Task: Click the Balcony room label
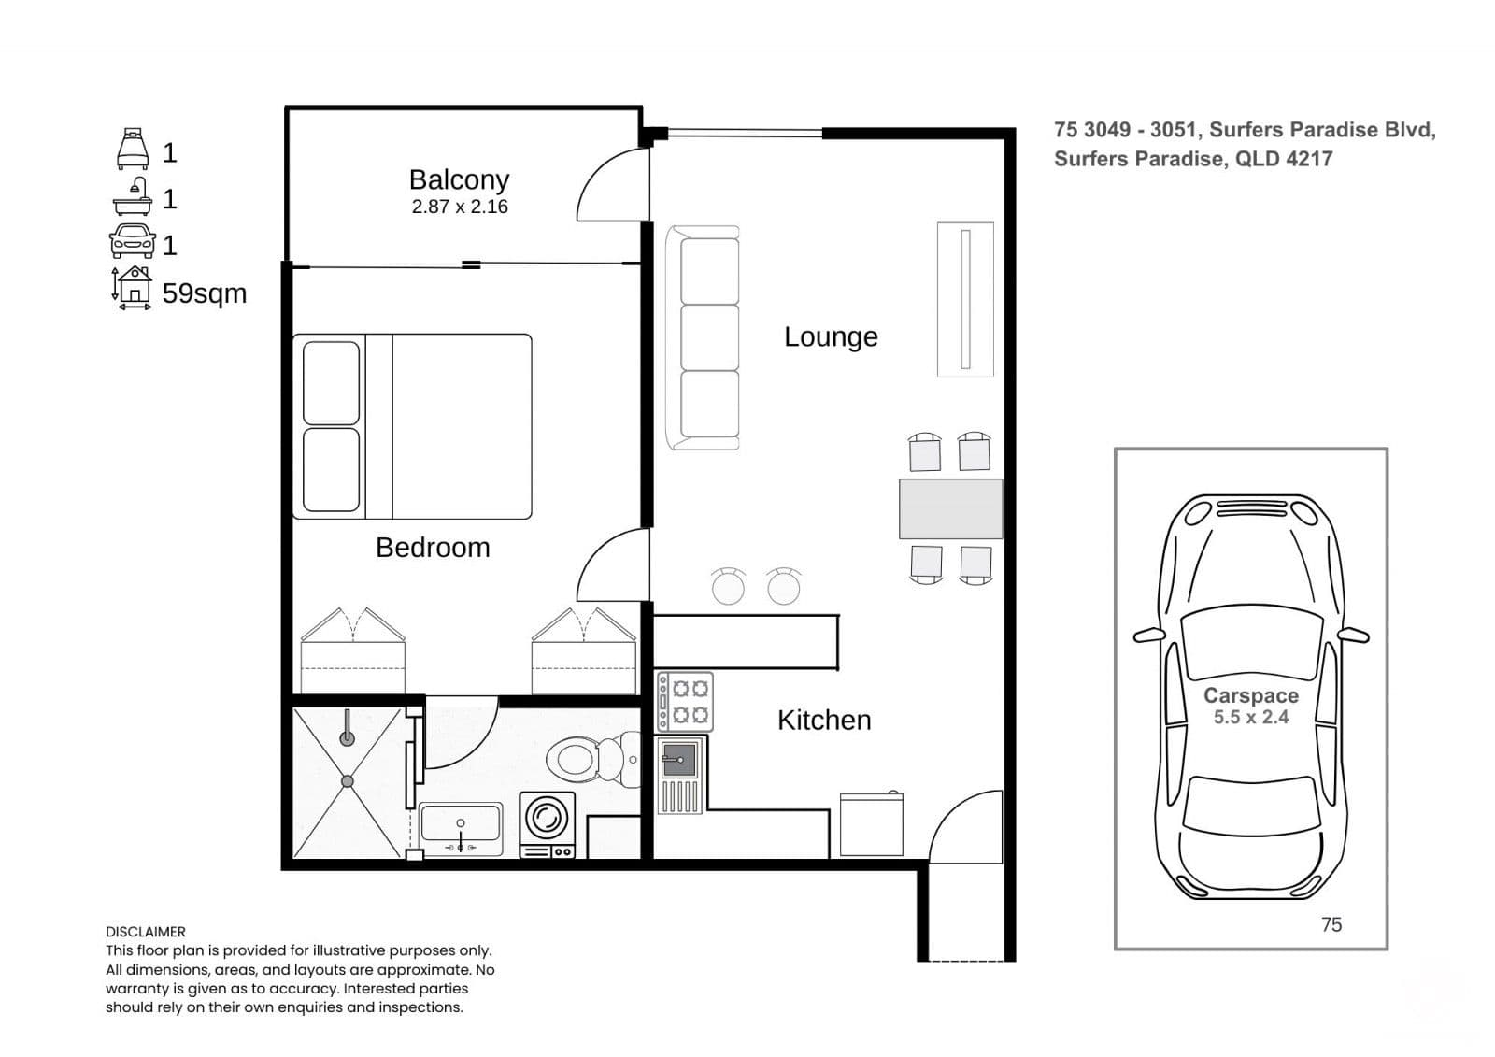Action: (x=459, y=179)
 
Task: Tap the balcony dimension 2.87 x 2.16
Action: (x=459, y=207)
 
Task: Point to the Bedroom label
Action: (x=433, y=548)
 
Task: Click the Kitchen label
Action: (x=824, y=721)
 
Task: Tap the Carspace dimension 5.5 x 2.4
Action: (x=1251, y=717)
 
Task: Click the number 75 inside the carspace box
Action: (x=1331, y=925)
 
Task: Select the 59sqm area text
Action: (x=205, y=293)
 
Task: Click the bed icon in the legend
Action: (x=132, y=149)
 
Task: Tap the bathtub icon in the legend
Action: (x=132, y=195)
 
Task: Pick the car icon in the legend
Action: (x=132, y=241)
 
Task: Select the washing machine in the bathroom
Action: (x=547, y=825)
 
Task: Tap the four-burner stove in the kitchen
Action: (x=685, y=702)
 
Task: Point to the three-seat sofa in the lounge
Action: (x=703, y=338)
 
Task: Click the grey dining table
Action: (x=950, y=508)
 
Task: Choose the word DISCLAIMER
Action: (x=146, y=932)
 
